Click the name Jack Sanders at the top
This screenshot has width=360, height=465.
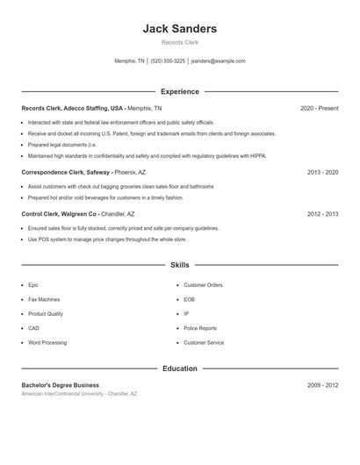tap(180, 29)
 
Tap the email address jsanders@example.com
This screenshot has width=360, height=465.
tap(218, 61)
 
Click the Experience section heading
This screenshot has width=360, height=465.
tap(180, 91)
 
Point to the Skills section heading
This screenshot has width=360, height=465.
tap(180, 264)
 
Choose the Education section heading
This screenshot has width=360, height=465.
tap(180, 368)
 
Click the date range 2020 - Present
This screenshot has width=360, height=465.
tap(319, 108)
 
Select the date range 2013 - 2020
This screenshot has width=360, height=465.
tap(322, 173)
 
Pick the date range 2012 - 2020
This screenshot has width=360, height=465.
tap(322, 214)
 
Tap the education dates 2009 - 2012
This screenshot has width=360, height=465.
tap(322, 385)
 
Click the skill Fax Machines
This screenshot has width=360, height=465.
tap(43, 299)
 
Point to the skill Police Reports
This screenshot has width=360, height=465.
tap(200, 328)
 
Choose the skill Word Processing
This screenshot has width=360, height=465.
tap(47, 342)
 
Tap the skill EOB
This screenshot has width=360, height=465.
tap(189, 299)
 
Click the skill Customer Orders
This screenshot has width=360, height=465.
tap(203, 285)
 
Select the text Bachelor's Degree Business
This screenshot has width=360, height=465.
tap(61, 385)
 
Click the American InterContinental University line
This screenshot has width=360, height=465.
tap(80, 394)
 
